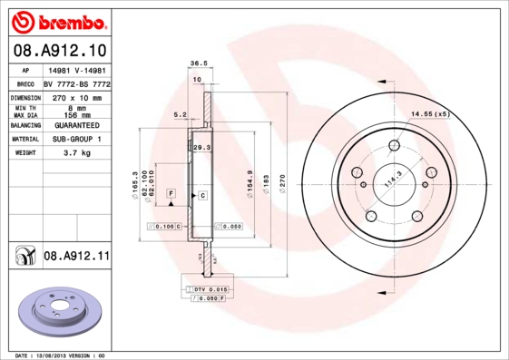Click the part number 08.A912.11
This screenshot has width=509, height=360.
click(76, 257)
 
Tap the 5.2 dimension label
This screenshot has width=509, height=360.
click(180, 115)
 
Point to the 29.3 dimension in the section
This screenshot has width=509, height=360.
click(201, 146)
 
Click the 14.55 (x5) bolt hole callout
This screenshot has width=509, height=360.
click(430, 114)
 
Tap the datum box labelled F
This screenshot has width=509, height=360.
click(170, 193)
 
